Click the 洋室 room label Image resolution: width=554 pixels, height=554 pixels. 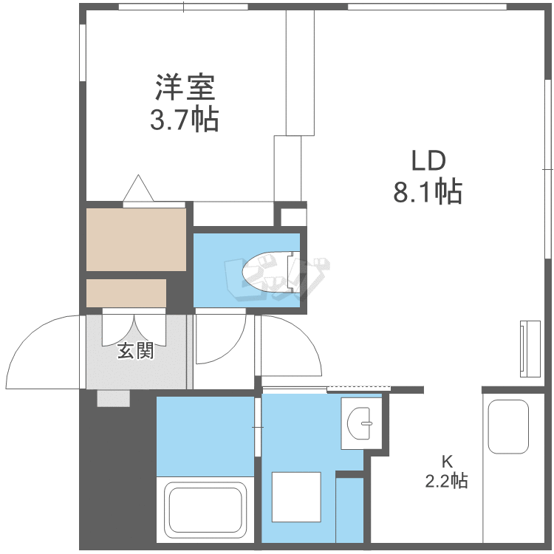point(185,88)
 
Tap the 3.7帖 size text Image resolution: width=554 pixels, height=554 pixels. point(185,119)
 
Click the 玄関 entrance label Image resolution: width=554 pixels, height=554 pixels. point(136,352)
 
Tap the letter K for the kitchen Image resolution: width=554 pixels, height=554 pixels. point(446,461)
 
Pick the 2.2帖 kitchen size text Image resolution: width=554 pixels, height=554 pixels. point(446,482)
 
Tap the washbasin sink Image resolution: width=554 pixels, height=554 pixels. point(362,423)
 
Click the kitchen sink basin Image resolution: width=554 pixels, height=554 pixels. point(508,427)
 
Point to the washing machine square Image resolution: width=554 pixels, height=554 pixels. point(295,497)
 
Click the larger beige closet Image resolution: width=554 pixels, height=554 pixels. point(136,239)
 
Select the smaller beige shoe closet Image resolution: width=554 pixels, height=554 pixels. point(126,293)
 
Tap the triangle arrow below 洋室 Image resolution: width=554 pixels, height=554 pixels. point(140,189)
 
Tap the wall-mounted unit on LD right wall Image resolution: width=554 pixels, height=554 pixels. point(530,347)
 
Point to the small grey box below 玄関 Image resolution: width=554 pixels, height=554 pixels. point(114,398)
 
